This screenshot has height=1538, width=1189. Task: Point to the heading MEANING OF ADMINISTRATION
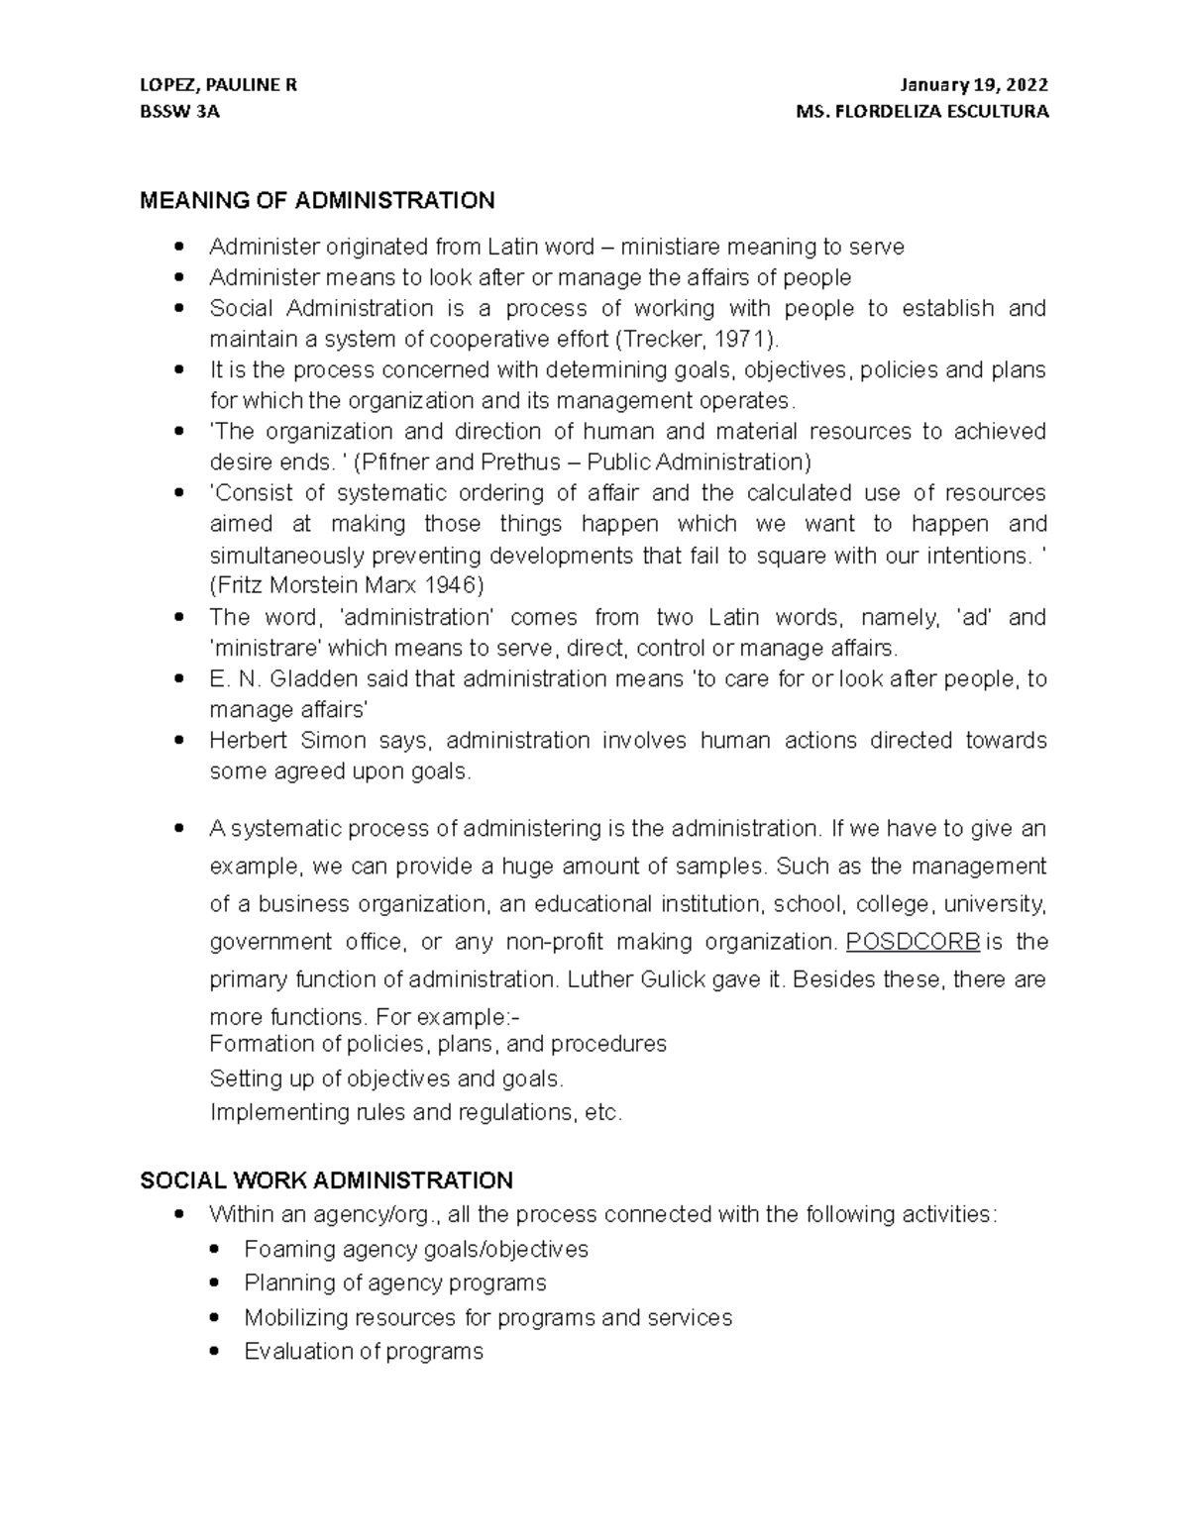click(317, 201)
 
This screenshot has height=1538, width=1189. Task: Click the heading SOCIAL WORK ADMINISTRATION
click(326, 1179)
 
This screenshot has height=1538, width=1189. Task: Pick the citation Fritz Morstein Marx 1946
click(347, 585)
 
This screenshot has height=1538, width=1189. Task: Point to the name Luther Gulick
click(637, 979)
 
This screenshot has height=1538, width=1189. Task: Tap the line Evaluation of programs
click(363, 1351)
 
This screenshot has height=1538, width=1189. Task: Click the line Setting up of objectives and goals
click(386, 1077)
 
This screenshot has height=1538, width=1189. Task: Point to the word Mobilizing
click(295, 1317)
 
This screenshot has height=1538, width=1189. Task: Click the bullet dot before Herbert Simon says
click(179, 740)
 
